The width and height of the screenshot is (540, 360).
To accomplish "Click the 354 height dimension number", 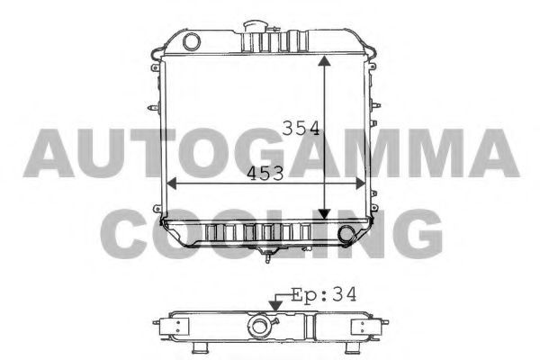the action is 301,128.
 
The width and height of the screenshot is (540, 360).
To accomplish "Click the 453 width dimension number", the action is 265,174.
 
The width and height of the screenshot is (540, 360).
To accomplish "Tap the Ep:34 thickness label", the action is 324,295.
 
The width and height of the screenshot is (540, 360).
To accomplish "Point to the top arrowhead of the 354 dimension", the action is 324,61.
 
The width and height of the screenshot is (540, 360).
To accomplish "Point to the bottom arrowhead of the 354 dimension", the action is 324,214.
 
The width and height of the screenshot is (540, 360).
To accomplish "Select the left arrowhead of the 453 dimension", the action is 172,184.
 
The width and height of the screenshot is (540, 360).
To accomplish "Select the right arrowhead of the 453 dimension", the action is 360,184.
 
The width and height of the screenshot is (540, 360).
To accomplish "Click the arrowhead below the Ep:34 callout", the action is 275,306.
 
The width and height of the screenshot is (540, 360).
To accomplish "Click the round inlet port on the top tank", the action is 192,41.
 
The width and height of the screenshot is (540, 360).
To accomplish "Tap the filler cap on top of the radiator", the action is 255,26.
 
